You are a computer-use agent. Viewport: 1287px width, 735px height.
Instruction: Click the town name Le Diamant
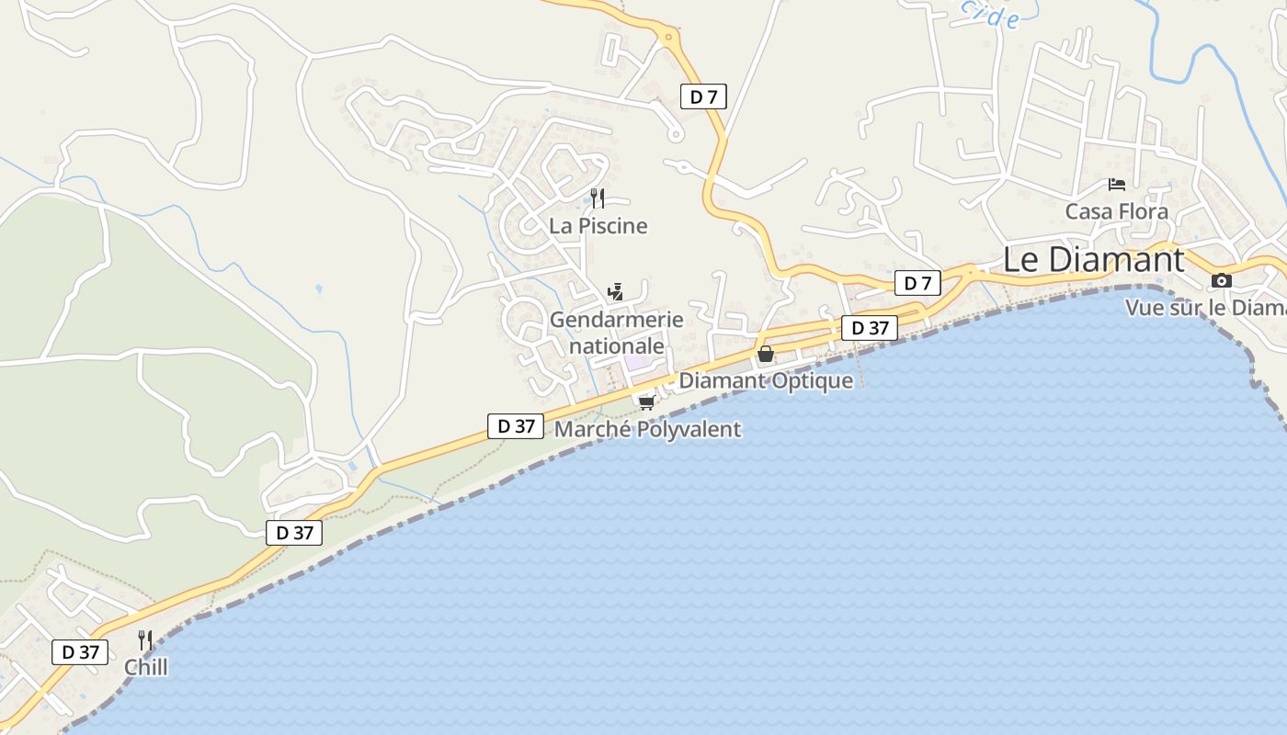(1093, 260)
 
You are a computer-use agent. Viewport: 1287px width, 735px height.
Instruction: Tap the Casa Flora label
(1116, 212)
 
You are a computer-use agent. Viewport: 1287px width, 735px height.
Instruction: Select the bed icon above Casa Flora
(1117, 185)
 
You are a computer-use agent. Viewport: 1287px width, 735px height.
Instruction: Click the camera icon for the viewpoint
(1222, 280)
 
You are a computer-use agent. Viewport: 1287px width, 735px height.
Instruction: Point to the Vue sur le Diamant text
(1205, 308)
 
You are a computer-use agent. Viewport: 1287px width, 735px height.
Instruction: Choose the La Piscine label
(598, 226)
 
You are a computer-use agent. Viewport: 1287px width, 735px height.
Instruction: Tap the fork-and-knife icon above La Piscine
(598, 198)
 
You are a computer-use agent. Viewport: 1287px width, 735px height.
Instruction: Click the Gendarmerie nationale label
(617, 333)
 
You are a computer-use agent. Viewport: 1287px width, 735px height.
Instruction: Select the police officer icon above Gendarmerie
(616, 292)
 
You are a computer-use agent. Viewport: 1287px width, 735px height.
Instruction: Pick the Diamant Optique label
(766, 380)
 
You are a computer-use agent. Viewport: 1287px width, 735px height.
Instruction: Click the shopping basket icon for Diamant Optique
(765, 354)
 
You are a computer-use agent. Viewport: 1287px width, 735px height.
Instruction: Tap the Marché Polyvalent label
(647, 429)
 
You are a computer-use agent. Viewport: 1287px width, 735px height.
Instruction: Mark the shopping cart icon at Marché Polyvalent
(646, 402)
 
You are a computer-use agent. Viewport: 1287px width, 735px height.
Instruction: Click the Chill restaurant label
(146, 667)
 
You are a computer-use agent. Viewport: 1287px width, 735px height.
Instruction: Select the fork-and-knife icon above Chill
(145, 639)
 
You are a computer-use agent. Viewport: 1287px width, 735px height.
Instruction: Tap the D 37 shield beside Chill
(80, 652)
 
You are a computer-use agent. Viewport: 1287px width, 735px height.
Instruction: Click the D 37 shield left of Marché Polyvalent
(516, 426)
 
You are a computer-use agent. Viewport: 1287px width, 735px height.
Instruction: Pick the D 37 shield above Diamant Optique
(870, 328)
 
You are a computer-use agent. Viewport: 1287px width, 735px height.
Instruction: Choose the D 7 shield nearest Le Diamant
(917, 283)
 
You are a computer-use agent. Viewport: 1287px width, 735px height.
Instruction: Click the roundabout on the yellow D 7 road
(668, 38)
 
